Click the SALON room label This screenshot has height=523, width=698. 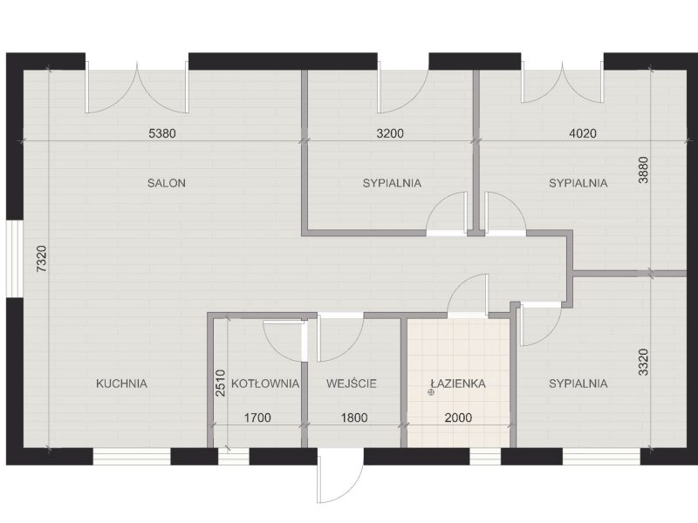pyautogui.click(x=167, y=183)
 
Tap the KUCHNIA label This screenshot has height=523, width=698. pyautogui.click(x=121, y=384)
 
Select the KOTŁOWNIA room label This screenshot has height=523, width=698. pyautogui.click(x=265, y=384)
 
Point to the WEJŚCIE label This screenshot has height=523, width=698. pyautogui.click(x=352, y=384)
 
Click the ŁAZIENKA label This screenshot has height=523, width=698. pyautogui.click(x=458, y=384)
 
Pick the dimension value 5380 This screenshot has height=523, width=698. pyautogui.click(x=162, y=133)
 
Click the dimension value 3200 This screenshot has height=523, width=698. pyautogui.click(x=390, y=133)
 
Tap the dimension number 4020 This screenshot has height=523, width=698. pyautogui.click(x=583, y=133)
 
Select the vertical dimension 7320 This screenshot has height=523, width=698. pyautogui.click(x=41, y=259)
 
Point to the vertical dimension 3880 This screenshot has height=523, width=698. pyautogui.click(x=643, y=170)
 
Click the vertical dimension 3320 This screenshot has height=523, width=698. pyautogui.click(x=643, y=363)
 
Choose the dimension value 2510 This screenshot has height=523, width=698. pyautogui.click(x=221, y=384)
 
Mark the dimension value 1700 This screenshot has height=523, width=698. pyautogui.click(x=257, y=418)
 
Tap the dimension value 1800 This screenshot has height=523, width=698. pyautogui.click(x=354, y=418)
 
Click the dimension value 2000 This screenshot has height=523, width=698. pyautogui.click(x=459, y=418)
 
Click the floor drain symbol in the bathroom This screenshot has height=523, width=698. pyautogui.click(x=430, y=392)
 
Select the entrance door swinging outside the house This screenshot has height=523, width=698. pyautogui.click(x=340, y=476)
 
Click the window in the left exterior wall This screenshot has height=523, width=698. pyautogui.click(x=14, y=258)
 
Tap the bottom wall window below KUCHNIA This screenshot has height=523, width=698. pyautogui.click(x=132, y=456)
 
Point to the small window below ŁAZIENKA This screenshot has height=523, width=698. pyautogui.click(x=485, y=456)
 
